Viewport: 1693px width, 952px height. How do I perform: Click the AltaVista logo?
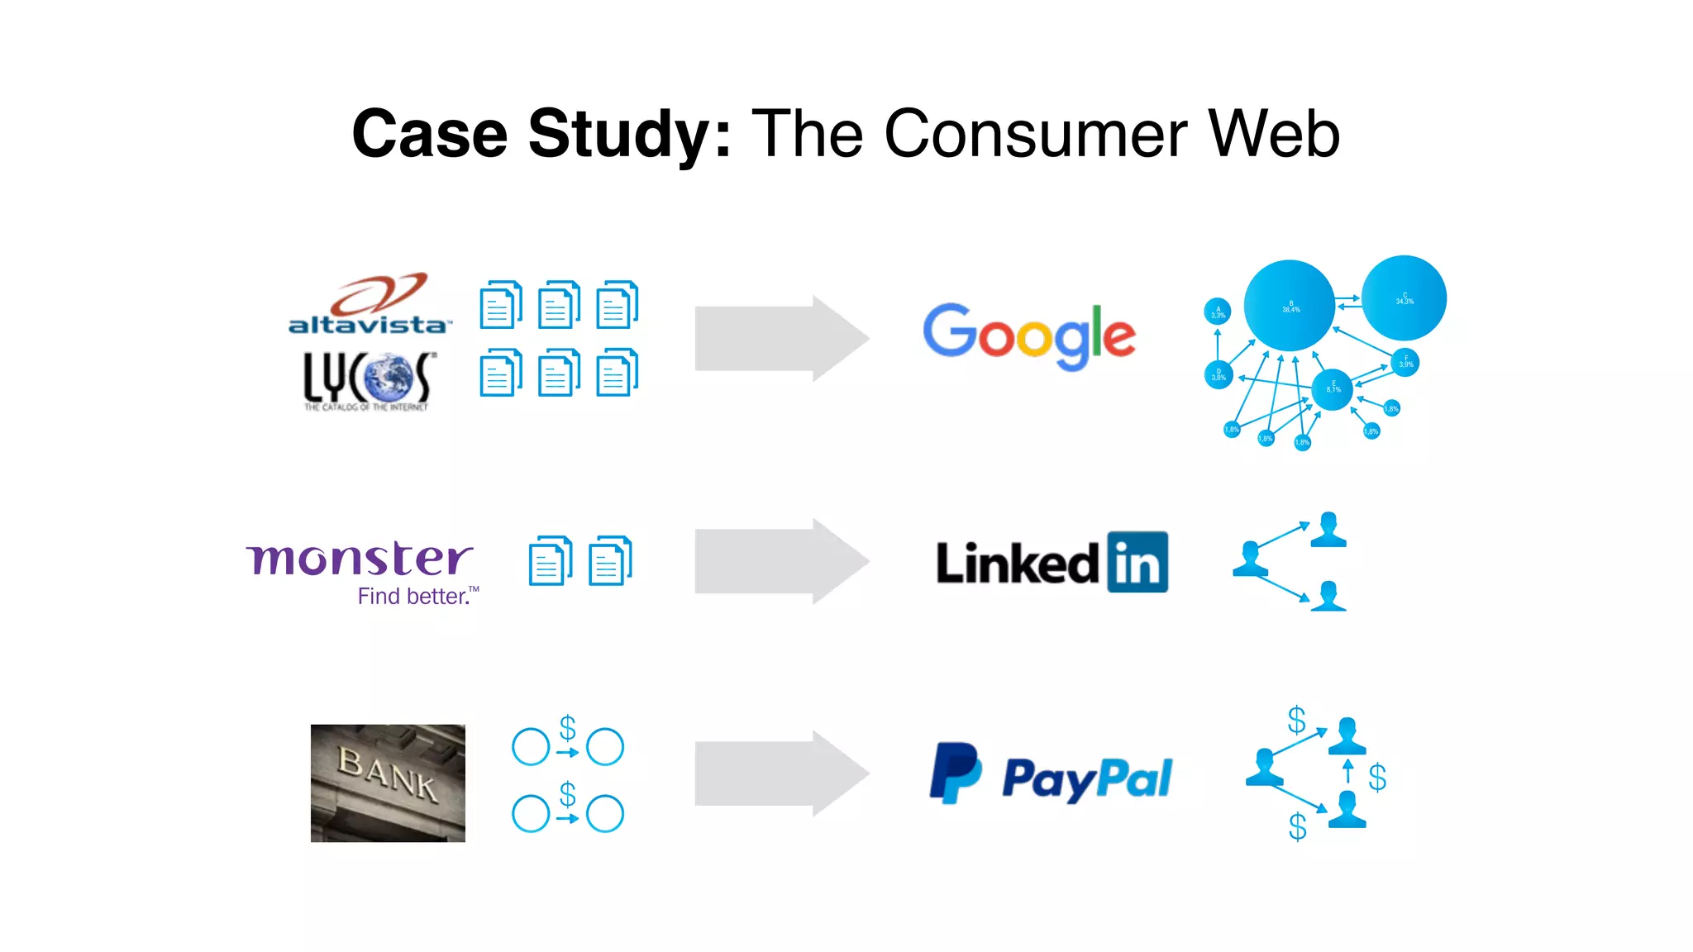coord(370,305)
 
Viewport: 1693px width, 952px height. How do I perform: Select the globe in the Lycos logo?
coord(386,378)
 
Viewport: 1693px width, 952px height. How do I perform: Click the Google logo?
coord(1029,336)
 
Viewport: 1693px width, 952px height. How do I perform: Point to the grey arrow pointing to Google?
coord(781,338)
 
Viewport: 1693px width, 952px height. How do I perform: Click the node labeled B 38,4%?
coord(1290,306)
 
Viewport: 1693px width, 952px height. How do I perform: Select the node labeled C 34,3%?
coord(1404,298)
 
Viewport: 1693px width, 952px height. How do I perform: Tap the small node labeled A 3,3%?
coord(1218,312)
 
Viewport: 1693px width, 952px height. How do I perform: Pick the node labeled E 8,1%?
coord(1333,388)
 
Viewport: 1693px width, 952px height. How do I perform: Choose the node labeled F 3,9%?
coord(1405,362)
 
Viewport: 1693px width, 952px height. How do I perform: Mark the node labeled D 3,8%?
coord(1218,374)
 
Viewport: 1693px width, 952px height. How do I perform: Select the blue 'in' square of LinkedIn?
coord(1137,563)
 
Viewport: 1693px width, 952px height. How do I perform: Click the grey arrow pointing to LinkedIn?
coord(781,561)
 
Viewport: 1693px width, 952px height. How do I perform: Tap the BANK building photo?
coord(388,783)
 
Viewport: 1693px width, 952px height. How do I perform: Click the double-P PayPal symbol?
coord(956,773)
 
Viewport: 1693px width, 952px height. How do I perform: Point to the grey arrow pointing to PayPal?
coord(781,773)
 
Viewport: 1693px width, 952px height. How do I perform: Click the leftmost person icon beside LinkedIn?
coord(1251,559)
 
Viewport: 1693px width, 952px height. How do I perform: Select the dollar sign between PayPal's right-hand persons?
coord(1377,777)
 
